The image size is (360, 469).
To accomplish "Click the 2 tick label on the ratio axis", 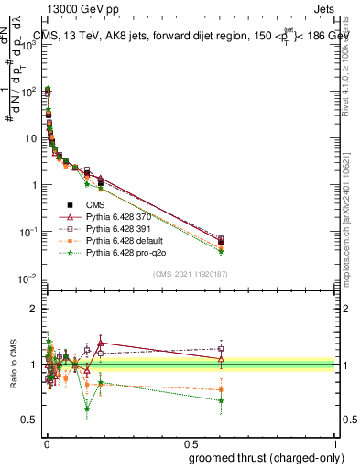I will pyautogui.click(x=34, y=309).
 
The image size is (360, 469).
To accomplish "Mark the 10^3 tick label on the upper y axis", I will pyautogui.click(x=31, y=46).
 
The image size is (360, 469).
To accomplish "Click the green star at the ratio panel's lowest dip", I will pyautogui.click(x=87, y=408).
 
